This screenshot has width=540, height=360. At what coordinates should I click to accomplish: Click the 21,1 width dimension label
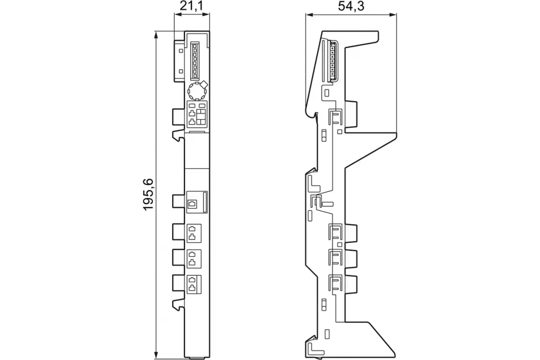pyautogui.click(x=191, y=6)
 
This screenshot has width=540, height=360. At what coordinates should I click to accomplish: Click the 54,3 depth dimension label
pyautogui.click(x=351, y=6)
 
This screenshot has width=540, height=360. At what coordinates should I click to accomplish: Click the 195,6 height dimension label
pyautogui.click(x=148, y=194)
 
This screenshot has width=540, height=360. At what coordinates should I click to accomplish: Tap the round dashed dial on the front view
pyautogui.click(x=197, y=91)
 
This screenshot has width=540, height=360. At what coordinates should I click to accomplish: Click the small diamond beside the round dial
pyautogui.click(x=204, y=85)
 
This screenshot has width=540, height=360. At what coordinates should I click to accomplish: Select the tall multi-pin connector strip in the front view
pyautogui.click(x=195, y=61)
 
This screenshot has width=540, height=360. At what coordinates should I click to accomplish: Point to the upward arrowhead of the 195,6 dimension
pyautogui.click(x=156, y=35)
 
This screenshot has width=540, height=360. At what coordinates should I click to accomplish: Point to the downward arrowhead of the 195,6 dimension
pyautogui.click(x=156, y=355)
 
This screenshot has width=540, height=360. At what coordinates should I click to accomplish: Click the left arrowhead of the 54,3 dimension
pyautogui.click(x=309, y=15)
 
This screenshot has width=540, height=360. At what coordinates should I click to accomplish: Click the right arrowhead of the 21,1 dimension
pyautogui.click(x=206, y=14)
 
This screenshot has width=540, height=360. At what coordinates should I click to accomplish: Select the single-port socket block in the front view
pyautogui.click(x=197, y=202)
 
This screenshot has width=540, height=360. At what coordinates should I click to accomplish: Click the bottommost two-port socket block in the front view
pyautogui.click(x=194, y=284)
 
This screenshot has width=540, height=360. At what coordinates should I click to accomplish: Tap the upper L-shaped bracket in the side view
pyautogui.click(x=313, y=184)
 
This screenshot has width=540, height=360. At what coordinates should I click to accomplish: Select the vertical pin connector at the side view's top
pyautogui.click(x=333, y=62)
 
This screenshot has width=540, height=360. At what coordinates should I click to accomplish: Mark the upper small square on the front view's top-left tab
pyautogui.click(x=181, y=51)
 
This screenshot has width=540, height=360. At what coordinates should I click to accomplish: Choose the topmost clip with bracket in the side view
pyautogui.click(x=335, y=117)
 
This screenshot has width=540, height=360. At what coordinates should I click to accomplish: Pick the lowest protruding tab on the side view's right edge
pyautogui.click(x=351, y=284)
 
